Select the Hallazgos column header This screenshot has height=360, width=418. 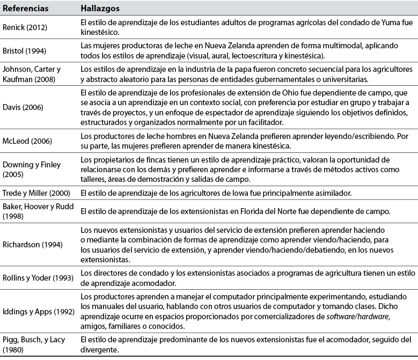pos(100,9)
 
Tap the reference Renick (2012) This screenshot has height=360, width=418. pos(26,27)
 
